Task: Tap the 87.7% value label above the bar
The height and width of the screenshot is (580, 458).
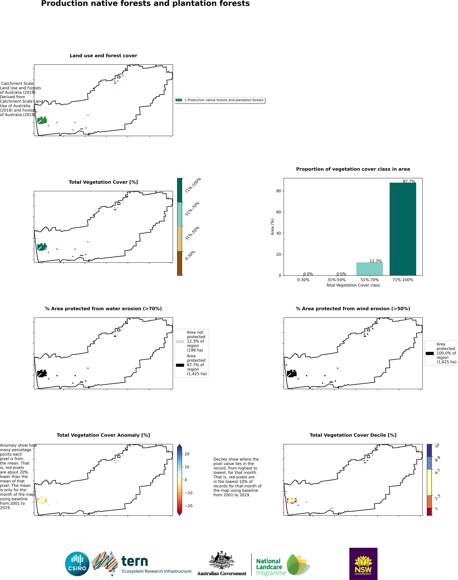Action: tap(409, 181)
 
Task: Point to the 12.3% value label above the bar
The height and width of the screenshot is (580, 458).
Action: tap(375, 261)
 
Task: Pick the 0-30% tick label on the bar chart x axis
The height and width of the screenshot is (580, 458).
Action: tap(303, 280)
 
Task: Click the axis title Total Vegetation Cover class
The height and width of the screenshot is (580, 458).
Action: tap(353, 285)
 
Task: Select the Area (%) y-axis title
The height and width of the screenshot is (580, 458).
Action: tap(272, 227)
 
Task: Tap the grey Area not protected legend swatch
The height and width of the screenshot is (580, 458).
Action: tap(180, 342)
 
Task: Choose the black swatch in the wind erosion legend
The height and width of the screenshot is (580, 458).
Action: tap(430, 353)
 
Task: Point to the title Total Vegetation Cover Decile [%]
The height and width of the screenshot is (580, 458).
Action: tap(353, 435)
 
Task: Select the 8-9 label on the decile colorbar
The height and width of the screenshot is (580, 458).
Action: tap(437, 459)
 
